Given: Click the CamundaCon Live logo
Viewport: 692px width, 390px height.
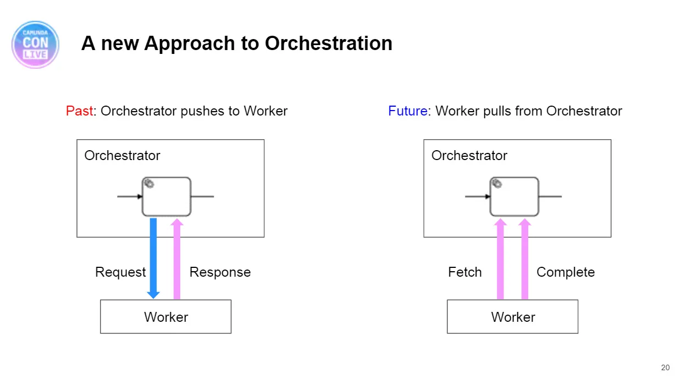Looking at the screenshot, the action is pyautogui.click(x=35, y=45).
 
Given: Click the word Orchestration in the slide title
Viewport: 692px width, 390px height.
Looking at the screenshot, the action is pyautogui.click(x=328, y=43).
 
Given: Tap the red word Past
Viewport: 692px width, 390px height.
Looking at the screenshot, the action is pyautogui.click(x=79, y=111).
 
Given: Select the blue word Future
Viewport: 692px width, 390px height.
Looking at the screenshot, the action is pyautogui.click(x=408, y=111).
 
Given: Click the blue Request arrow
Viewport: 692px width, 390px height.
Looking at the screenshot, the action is pyautogui.click(x=153, y=258).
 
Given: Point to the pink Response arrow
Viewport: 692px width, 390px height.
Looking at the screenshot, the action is pyautogui.click(x=176, y=259).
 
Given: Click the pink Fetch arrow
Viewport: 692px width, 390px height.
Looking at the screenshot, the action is pyautogui.click(x=500, y=259).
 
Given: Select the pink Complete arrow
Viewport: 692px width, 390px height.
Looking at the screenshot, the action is pyautogui.click(x=524, y=259).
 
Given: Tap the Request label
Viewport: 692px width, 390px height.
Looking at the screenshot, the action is pyautogui.click(x=120, y=272).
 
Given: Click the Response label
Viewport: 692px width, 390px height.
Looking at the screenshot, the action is pyautogui.click(x=220, y=272).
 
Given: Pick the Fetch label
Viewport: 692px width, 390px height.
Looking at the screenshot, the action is pyautogui.click(x=465, y=272).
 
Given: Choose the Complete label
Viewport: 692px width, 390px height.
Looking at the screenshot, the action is pyautogui.click(x=566, y=272).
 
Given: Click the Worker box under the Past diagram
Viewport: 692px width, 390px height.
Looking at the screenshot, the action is pyautogui.click(x=165, y=317).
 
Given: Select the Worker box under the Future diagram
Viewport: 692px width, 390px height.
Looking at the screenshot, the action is pyautogui.click(x=512, y=317).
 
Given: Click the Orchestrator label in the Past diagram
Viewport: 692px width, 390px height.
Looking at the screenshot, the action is pyautogui.click(x=123, y=155).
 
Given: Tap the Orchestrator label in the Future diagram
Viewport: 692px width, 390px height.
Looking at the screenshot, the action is pyautogui.click(x=469, y=155).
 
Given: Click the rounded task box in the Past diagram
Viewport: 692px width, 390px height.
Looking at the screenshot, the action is pyautogui.click(x=167, y=196).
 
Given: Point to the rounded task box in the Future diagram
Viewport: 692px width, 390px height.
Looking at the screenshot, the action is pyautogui.click(x=514, y=196).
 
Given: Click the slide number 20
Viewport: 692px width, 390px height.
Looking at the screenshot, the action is pyautogui.click(x=665, y=367).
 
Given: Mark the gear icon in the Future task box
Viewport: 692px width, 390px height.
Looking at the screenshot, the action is pyautogui.click(x=497, y=183).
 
